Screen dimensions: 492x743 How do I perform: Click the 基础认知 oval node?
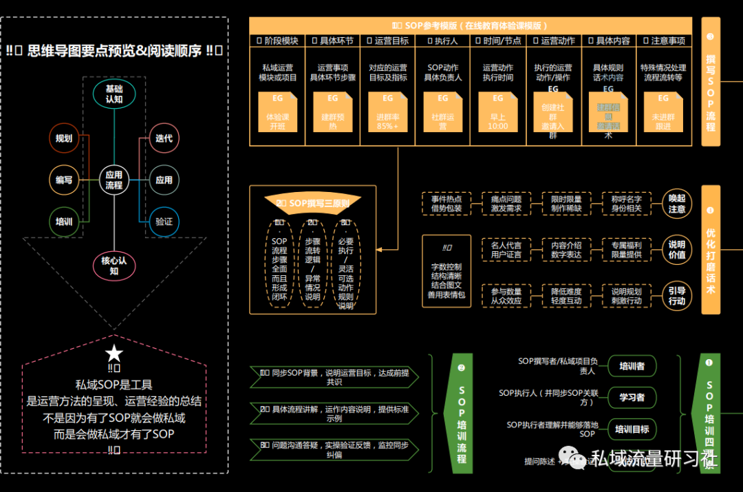114,94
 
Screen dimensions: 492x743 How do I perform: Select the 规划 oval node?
64,138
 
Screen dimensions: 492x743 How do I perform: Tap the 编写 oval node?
64,180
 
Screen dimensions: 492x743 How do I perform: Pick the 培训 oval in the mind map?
64,222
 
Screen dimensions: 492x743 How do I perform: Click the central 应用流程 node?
114,180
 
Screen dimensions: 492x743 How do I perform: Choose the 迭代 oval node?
164,138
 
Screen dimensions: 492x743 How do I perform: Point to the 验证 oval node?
164,222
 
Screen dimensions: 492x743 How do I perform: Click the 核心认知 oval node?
114,266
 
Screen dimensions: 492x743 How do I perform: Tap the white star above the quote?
114,354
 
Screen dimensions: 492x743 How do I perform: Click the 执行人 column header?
443,41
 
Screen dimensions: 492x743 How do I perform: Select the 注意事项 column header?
663,41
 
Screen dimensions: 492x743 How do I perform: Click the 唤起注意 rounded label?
677,204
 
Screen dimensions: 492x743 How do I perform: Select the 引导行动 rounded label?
677,296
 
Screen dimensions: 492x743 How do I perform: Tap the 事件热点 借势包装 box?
447,204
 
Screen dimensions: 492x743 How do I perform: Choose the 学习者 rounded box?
632,397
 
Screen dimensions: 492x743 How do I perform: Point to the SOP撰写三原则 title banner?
313,203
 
